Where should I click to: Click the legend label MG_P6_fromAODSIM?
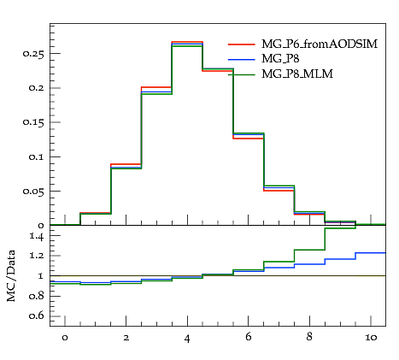320,44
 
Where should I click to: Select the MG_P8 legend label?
280,59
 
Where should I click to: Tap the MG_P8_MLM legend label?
297,74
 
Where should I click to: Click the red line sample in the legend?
242,44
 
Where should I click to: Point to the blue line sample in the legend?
242,59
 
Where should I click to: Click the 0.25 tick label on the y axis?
33,54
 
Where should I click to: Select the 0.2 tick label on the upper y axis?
36,88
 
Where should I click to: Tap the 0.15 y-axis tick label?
33,122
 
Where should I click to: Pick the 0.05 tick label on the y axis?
33,191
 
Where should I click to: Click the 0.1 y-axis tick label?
37,156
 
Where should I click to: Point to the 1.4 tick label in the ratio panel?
37,236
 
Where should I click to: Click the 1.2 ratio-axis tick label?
37,256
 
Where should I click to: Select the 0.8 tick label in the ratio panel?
37,296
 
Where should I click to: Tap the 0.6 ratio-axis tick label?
37,316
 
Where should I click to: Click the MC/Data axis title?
11,275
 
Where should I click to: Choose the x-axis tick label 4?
187,339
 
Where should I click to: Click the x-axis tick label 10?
371,338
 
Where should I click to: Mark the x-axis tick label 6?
249,337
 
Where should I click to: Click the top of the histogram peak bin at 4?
187,42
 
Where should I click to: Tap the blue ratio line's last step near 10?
371,253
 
